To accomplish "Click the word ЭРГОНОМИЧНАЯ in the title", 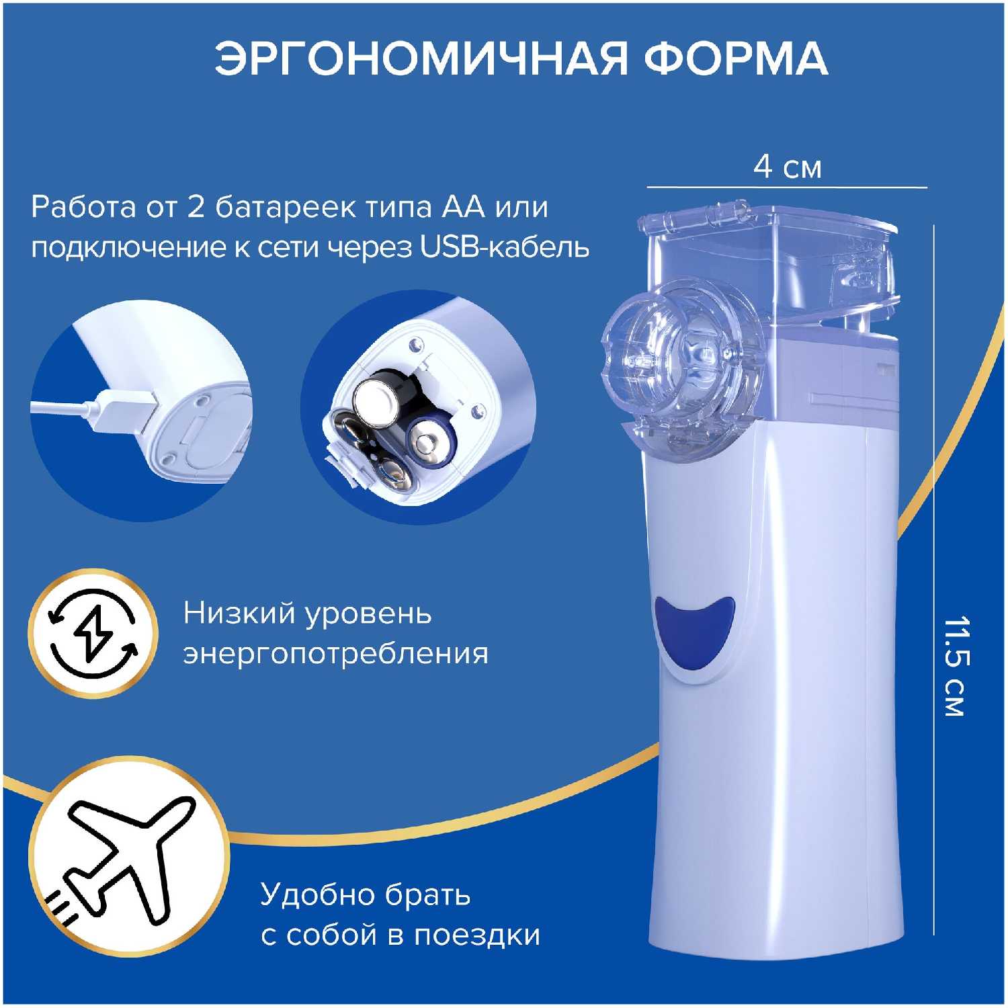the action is (422, 58).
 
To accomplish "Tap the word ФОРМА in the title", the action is (737, 58).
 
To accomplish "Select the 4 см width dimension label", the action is (787, 167).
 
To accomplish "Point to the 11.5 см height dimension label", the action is (954, 666).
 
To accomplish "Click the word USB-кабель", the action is (505, 247).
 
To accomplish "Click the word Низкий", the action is (239, 613).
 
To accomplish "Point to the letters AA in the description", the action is (463, 207).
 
